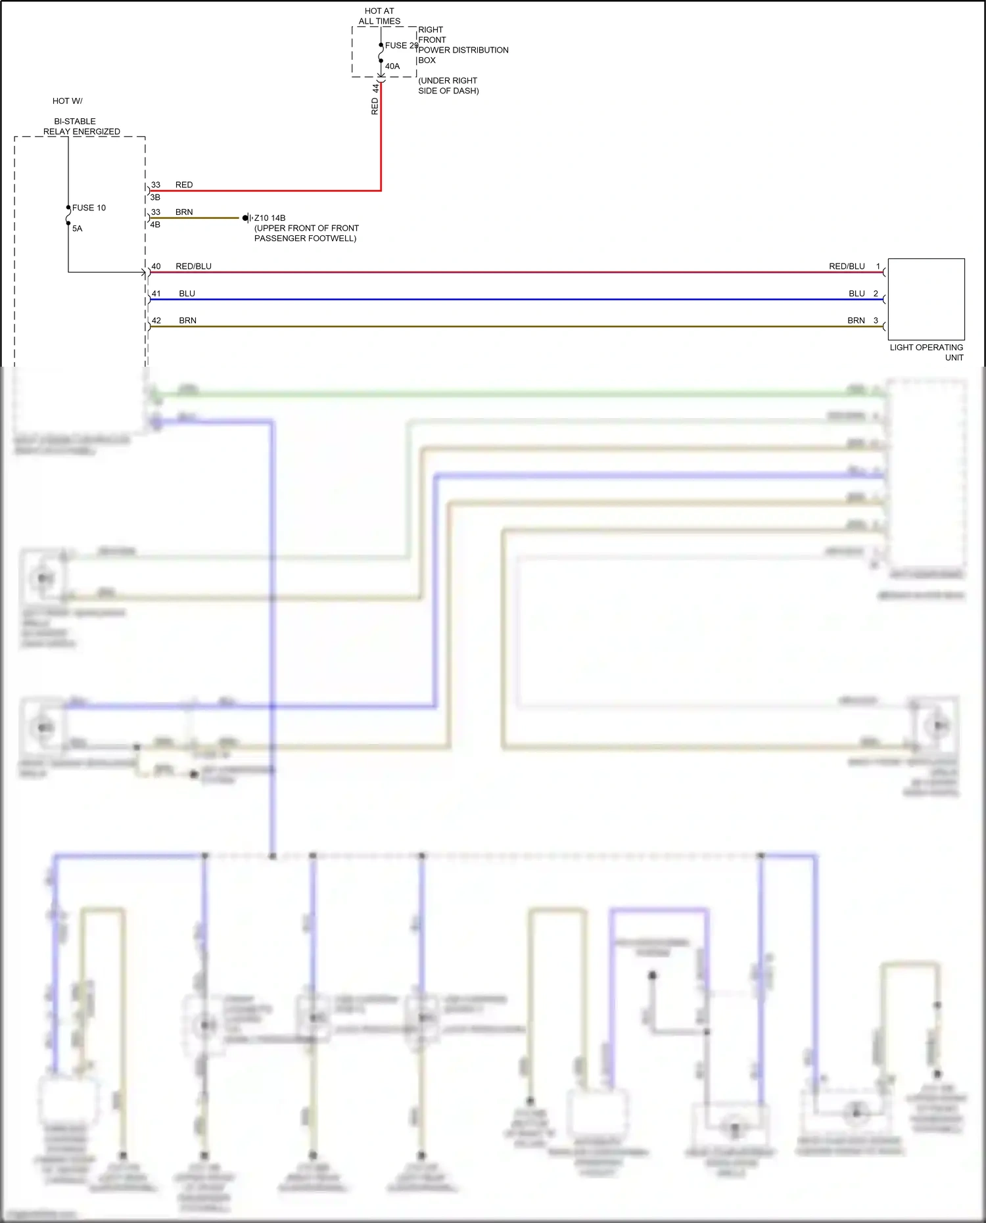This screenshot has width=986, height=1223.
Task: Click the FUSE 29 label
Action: pos(401,45)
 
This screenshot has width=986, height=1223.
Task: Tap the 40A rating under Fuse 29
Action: pos(392,66)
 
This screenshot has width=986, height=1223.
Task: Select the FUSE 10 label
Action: pos(89,208)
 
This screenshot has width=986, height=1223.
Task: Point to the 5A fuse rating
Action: pos(78,228)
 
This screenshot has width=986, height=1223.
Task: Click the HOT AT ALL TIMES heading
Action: pos(379,16)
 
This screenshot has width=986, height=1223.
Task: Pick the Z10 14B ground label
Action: pos(270,218)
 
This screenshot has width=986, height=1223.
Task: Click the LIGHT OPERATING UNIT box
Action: pos(926,299)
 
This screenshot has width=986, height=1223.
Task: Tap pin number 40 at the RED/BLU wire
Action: pos(156,266)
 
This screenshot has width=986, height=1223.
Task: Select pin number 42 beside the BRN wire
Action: pos(156,321)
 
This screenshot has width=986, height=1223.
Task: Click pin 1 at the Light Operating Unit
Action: pos(878,266)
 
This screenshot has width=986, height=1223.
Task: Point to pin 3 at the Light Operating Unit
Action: pos(876,321)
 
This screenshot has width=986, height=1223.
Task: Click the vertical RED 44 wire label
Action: pos(375,100)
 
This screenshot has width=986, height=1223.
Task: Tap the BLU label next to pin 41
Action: pos(187,294)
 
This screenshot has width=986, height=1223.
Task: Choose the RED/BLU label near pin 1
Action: pos(847,266)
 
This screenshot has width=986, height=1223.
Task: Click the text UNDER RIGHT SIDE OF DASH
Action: pos(448,85)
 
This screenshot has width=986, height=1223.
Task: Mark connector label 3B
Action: pos(155,197)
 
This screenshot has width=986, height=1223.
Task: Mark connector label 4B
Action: pos(155,224)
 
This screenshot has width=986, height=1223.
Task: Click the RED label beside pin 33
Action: pos(184,185)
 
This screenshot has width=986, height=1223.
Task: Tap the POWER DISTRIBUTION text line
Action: pos(463,50)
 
